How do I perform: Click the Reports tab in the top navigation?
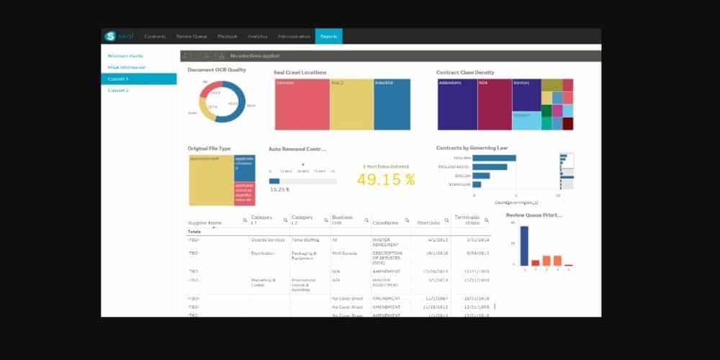tap(328, 36)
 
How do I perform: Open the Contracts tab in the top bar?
tap(155, 36)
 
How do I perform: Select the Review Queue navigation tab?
tap(191, 36)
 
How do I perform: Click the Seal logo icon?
tap(110, 36)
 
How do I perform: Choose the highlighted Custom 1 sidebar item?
tap(138, 78)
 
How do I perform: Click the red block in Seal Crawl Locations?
tap(302, 104)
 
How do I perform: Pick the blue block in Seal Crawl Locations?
tap(392, 104)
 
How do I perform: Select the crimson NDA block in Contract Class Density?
tap(494, 104)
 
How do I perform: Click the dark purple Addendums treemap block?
tap(457, 104)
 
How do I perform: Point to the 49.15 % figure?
tap(386, 180)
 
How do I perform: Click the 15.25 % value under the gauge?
tap(279, 189)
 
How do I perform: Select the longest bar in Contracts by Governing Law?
tap(494, 158)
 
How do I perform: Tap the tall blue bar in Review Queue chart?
tap(524, 246)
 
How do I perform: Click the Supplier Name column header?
tap(204, 222)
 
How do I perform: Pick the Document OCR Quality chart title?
tap(217, 70)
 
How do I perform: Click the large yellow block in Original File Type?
tap(211, 179)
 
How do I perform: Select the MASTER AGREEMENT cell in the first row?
tap(387, 241)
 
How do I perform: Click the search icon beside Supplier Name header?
tap(245, 220)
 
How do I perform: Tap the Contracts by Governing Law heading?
tap(472, 148)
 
